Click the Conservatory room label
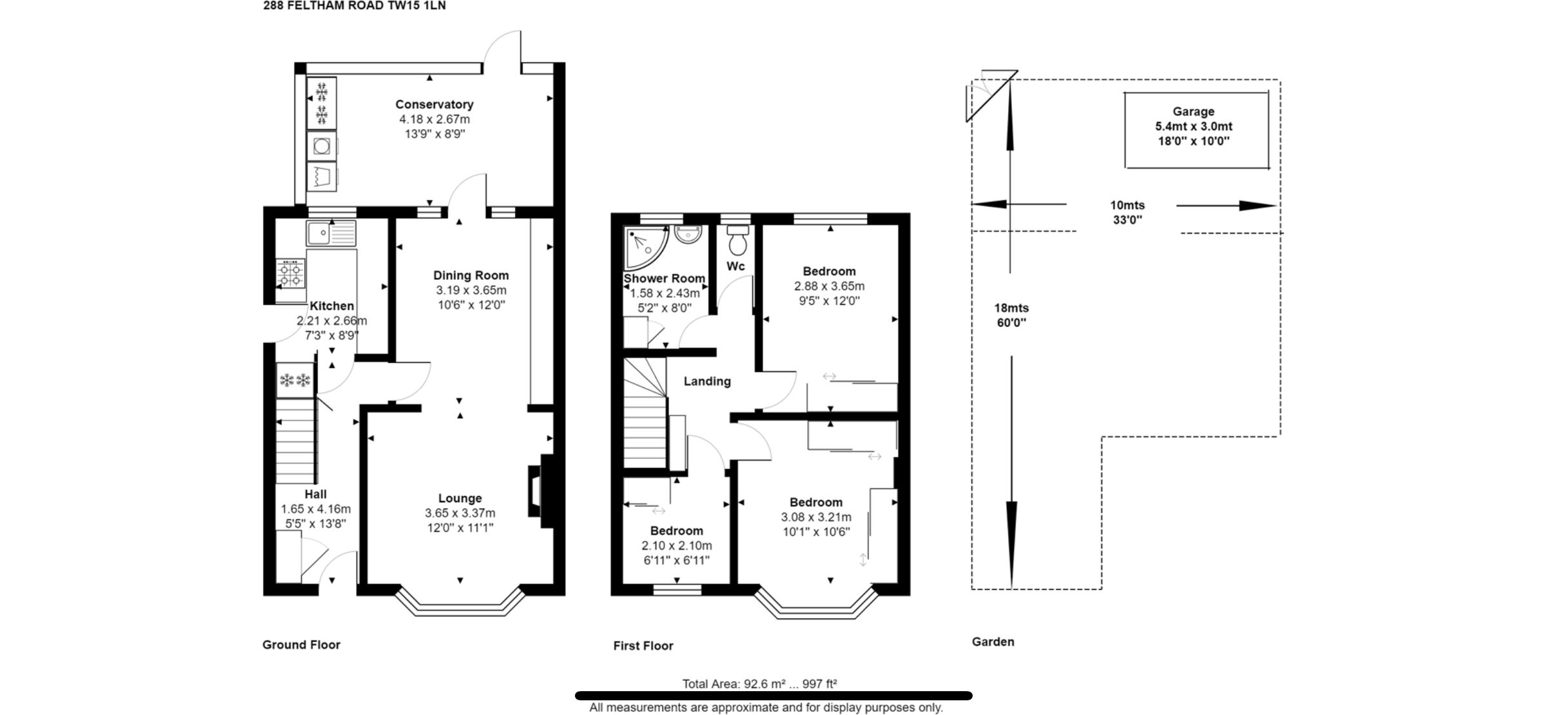tap(434, 104)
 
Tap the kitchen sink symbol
tap(331, 233)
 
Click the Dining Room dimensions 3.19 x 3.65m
tap(471, 290)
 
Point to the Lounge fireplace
tap(540, 491)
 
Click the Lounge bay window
tap(460, 607)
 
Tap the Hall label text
tap(315, 494)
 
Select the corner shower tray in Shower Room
tap(645, 247)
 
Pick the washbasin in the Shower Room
tap(688, 234)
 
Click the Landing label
tap(707, 381)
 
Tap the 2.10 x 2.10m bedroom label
tap(676, 545)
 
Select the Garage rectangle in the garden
tap(1196, 130)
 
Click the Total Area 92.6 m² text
tap(759, 684)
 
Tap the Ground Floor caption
tap(301, 645)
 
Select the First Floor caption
tap(643, 646)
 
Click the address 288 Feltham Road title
tap(354, 6)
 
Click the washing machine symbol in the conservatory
tap(322, 146)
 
